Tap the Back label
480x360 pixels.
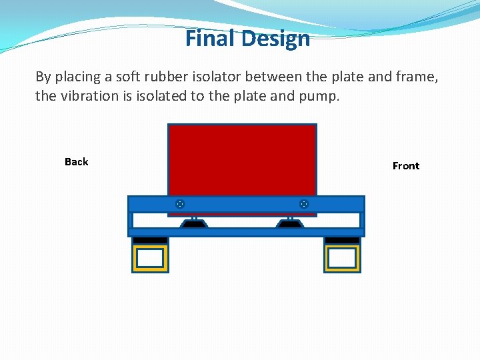pos(76,161)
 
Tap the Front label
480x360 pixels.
pos(406,166)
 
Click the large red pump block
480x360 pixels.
pos(242,160)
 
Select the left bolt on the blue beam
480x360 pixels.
pos(180,204)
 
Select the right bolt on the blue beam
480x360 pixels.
pos(304,204)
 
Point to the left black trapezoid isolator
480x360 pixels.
pos(194,225)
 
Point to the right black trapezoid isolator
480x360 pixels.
pos(291,225)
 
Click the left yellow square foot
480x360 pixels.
pos(150,258)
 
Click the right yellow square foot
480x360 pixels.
pos(342,258)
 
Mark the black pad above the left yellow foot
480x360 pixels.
pos(150,240)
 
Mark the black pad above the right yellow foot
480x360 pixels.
pos(342,240)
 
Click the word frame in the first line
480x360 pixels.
pos(417,77)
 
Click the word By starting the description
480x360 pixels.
pos(43,77)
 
